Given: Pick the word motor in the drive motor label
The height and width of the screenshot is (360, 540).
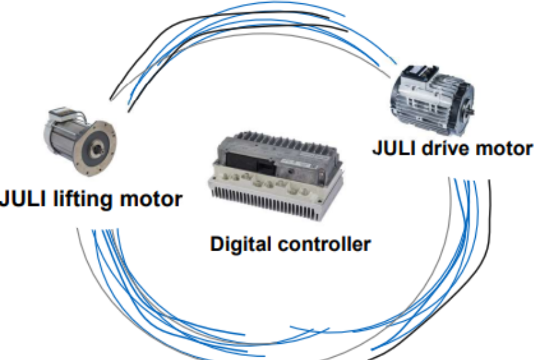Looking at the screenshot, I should tap(503, 148).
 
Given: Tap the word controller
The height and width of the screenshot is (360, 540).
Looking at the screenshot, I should tap(326, 243).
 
